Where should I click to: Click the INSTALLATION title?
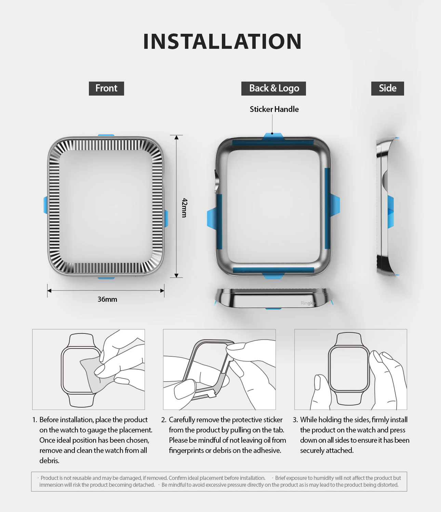pos(222,42)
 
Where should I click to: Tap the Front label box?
pos(106,88)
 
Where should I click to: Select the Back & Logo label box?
pos(273,88)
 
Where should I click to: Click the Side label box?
pos(387,88)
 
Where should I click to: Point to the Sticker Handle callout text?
pos(274,109)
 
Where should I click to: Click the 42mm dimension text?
pos(184,208)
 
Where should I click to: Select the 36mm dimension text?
pos(107,299)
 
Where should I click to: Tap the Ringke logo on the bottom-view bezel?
pos(308,303)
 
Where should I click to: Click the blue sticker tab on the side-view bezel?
pos(390,212)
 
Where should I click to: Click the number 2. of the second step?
pos(163,419)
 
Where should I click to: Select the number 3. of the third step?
pos(295,419)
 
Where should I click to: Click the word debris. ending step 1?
pos(49,460)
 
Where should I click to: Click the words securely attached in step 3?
pos(327,450)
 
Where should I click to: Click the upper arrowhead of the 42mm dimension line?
pos(176,138)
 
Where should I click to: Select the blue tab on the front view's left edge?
pos(45,205)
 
